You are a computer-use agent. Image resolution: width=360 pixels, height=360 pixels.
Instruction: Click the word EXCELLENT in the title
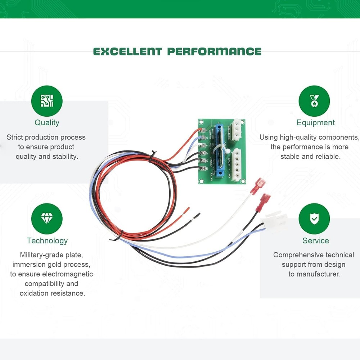[128, 51]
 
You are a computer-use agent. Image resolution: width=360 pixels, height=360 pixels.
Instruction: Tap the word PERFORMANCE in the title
[215, 51]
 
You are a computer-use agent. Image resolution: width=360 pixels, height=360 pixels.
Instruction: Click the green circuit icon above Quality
[47, 101]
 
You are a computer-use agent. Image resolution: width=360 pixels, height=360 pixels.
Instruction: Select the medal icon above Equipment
[314, 101]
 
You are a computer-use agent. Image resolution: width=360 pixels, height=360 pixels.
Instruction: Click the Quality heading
[47, 122]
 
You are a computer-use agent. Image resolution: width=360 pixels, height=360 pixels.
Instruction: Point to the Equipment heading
[315, 122]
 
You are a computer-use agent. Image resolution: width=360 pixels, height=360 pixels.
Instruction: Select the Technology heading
[47, 240]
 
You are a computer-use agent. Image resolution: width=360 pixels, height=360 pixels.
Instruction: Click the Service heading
[315, 240]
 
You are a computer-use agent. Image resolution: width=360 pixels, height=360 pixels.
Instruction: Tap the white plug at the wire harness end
[275, 219]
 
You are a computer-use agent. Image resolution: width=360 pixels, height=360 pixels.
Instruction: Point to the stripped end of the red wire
[187, 210]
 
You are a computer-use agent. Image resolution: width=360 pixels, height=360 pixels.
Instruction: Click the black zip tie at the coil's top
[153, 154]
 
